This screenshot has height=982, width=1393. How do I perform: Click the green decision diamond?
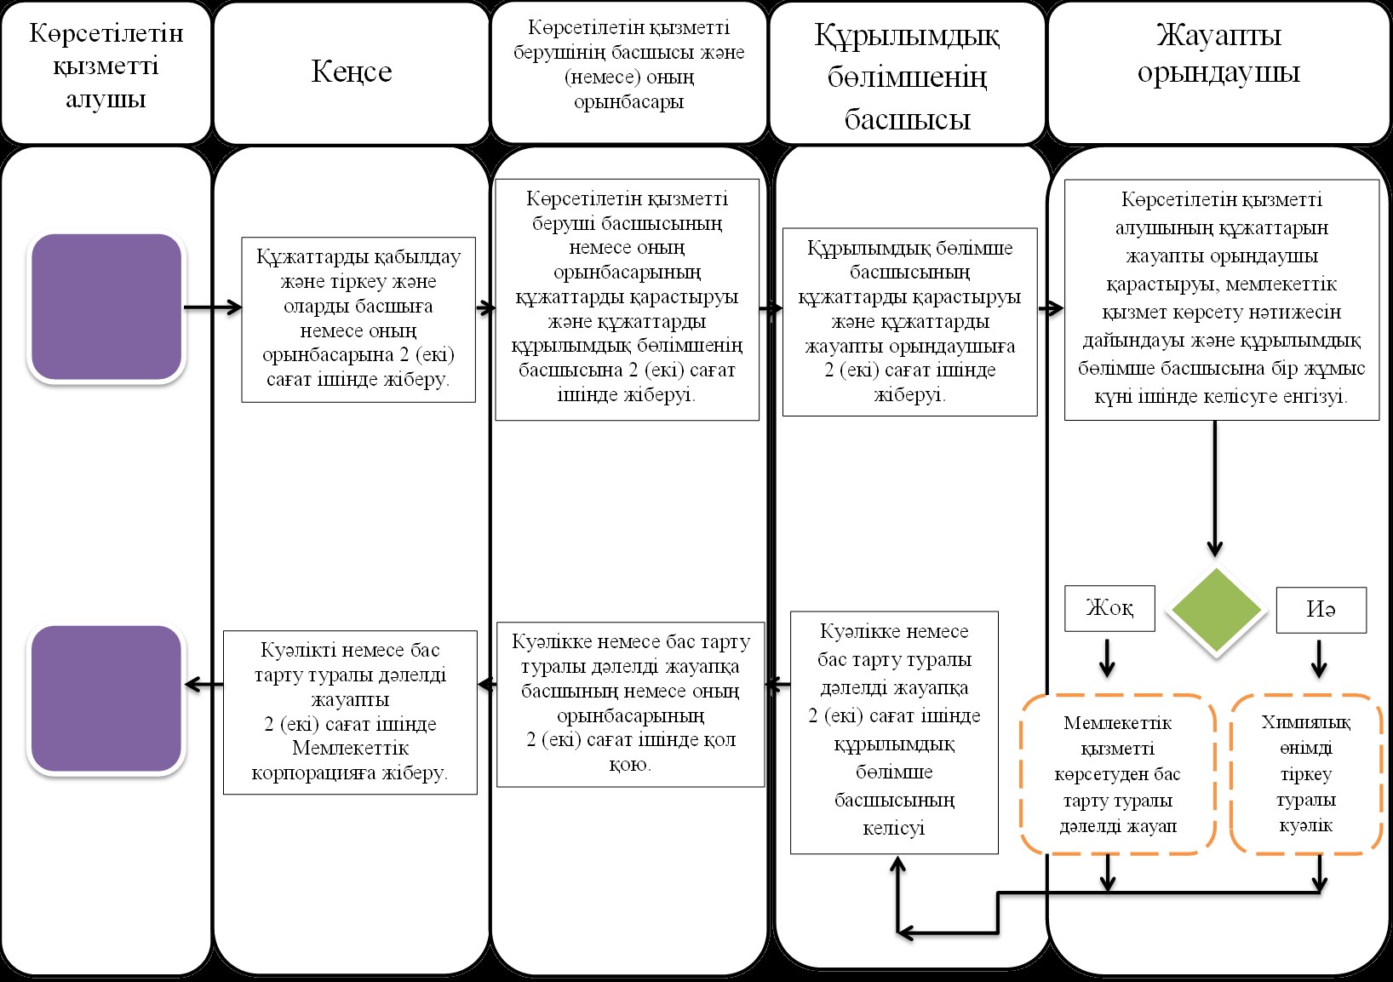(1217, 610)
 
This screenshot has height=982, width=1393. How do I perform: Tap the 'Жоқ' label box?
(1109, 608)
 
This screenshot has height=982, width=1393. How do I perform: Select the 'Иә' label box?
(1321, 610)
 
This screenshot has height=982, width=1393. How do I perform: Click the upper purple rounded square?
(106, 307)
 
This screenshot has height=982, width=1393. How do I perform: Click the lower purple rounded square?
(106, 698)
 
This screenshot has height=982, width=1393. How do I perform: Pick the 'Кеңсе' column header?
(352, 72)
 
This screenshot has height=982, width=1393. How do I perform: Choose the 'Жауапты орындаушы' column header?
(1218, 72)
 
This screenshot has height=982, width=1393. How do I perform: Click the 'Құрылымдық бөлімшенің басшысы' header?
(908, 72)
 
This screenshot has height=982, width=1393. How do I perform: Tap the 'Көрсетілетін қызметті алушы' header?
(106, 72)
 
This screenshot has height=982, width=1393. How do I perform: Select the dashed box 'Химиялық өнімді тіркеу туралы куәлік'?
(1305, 773)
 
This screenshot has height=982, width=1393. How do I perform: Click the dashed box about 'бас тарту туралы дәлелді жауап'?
(1117, 773)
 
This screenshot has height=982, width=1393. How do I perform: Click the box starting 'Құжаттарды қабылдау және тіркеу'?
(358, 319)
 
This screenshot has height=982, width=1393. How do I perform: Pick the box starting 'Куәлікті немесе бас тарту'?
(350, 712)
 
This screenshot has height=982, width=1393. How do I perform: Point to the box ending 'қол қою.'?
(631, 704)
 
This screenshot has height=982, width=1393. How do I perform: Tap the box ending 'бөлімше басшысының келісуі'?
(894, 732)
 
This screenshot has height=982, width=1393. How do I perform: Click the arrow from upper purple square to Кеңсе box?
(213, 307)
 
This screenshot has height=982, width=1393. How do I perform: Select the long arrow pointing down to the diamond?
(1214, 489)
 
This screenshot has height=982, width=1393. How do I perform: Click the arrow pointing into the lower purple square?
(204, 685)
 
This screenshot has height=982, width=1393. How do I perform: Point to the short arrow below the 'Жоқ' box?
(1107, 658)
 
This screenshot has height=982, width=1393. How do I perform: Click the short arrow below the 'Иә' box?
(1319, 659)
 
